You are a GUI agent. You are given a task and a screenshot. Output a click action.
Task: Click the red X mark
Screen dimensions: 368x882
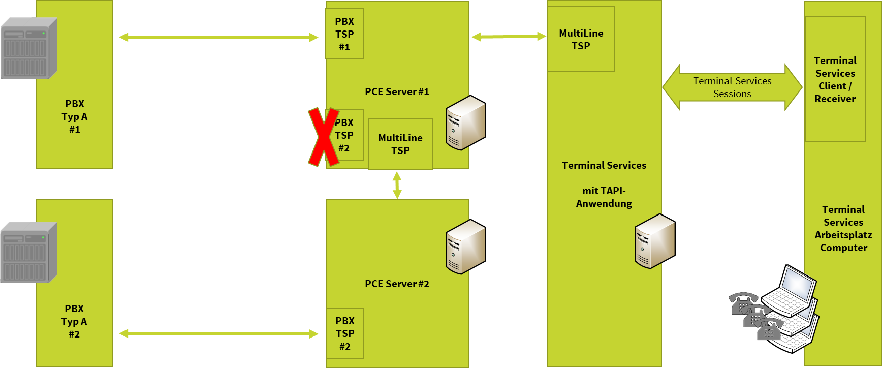click(324, 136)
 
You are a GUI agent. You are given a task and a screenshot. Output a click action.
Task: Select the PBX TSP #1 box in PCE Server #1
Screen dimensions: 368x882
click(344, 34)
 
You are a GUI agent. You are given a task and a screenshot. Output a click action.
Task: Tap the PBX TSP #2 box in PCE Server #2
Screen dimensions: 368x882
click(345, 333)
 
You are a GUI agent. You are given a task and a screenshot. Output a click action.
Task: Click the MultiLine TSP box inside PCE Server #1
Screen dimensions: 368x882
click(400, 144)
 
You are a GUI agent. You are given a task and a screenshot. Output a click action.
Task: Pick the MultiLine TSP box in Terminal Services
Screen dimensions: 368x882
click(581, 39)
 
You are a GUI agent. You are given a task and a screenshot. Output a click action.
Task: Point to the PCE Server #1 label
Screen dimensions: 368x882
click(397, 92)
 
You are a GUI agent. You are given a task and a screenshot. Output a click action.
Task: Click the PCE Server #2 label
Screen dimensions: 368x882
click(397, 284)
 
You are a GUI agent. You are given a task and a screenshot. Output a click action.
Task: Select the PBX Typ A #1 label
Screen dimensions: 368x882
click(75, 116)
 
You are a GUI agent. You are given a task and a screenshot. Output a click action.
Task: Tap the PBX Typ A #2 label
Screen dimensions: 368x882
click(74, 321)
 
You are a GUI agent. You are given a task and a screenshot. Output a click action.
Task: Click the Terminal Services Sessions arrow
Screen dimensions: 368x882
click(732, 87)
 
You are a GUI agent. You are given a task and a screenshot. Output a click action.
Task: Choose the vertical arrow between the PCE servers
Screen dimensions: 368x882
click(397, 185)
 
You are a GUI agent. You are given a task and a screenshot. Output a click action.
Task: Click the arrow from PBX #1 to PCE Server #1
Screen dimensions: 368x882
click(218, 37)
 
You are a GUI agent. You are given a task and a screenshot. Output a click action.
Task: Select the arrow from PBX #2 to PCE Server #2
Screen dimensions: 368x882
click(218, 333)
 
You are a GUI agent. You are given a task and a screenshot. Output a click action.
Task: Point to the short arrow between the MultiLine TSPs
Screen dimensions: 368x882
click(508, 37)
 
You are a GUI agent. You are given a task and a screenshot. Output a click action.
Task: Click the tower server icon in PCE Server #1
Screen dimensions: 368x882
click(465, 123)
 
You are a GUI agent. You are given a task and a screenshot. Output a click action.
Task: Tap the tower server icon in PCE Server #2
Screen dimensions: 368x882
click(465, 247)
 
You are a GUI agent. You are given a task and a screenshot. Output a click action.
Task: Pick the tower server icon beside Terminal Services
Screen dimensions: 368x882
click(654, 241)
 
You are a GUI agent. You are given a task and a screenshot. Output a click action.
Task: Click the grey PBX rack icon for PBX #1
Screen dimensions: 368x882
click(29, 48)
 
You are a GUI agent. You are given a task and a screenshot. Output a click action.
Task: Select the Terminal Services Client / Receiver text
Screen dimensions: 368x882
click(835, 80)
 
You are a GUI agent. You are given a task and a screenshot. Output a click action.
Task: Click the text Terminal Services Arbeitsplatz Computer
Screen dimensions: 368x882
click(843, 229)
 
